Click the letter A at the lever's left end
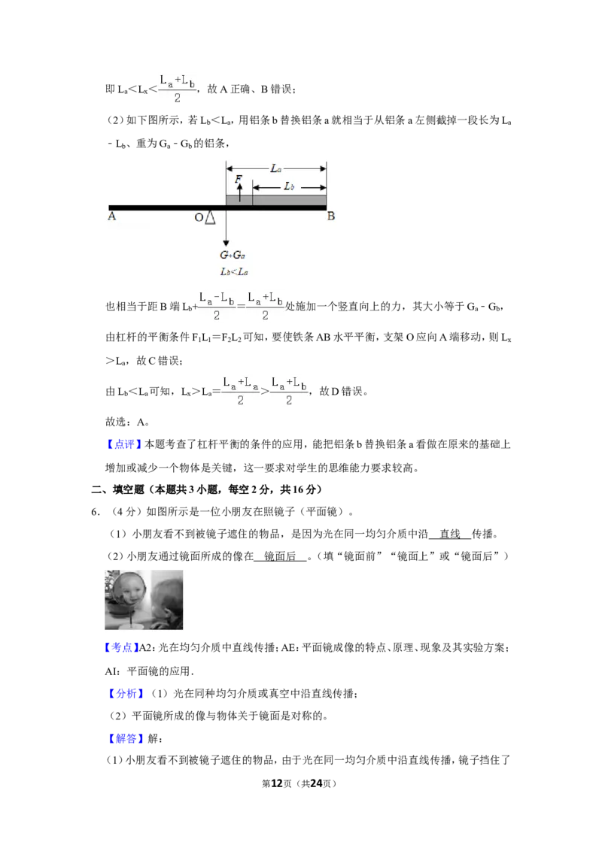[112, 216]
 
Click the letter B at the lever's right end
[331, 216]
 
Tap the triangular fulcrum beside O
[210, 217]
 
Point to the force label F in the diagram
[238, 178]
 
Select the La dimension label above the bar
[276, 169]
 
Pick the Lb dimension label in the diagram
[289, 186]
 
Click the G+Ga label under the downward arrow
[233, 255]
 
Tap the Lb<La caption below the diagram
[234, 271]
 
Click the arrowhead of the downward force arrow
[226, 244]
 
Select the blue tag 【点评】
[123, 444]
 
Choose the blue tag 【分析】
[126, 693]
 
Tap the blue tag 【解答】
[126, 738]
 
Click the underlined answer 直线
[450, 534]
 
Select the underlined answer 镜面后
[280, 556]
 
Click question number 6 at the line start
[95, 512]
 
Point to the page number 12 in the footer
[277, 783]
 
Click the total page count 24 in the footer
[316, 783]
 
